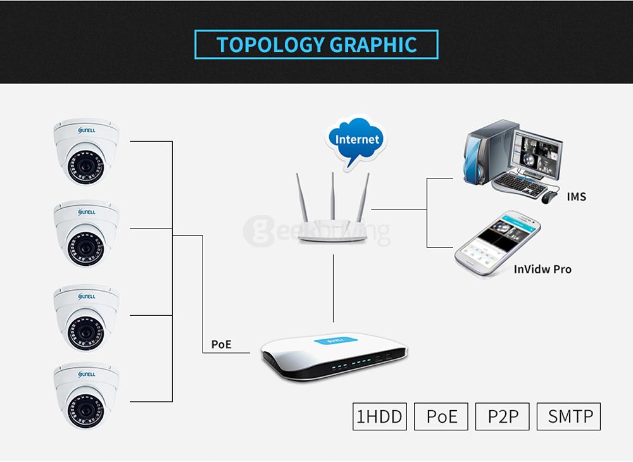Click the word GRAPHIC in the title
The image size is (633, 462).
(x=373, y=45)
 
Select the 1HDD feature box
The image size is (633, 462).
(x=379, y=416)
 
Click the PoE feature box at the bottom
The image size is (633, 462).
(x=441, y=416)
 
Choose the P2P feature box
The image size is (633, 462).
(x=503, y=416)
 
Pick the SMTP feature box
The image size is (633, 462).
(x=568, y=416)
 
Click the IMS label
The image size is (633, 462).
(x=576, y=197)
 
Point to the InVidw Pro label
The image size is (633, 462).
(x=542, y=270)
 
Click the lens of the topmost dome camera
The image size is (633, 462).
(x=85, y=168)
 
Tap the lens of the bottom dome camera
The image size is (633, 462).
(x=85, y=408)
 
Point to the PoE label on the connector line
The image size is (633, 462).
(x=221, y=345)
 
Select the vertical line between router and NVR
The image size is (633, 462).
(x=334, y=289)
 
